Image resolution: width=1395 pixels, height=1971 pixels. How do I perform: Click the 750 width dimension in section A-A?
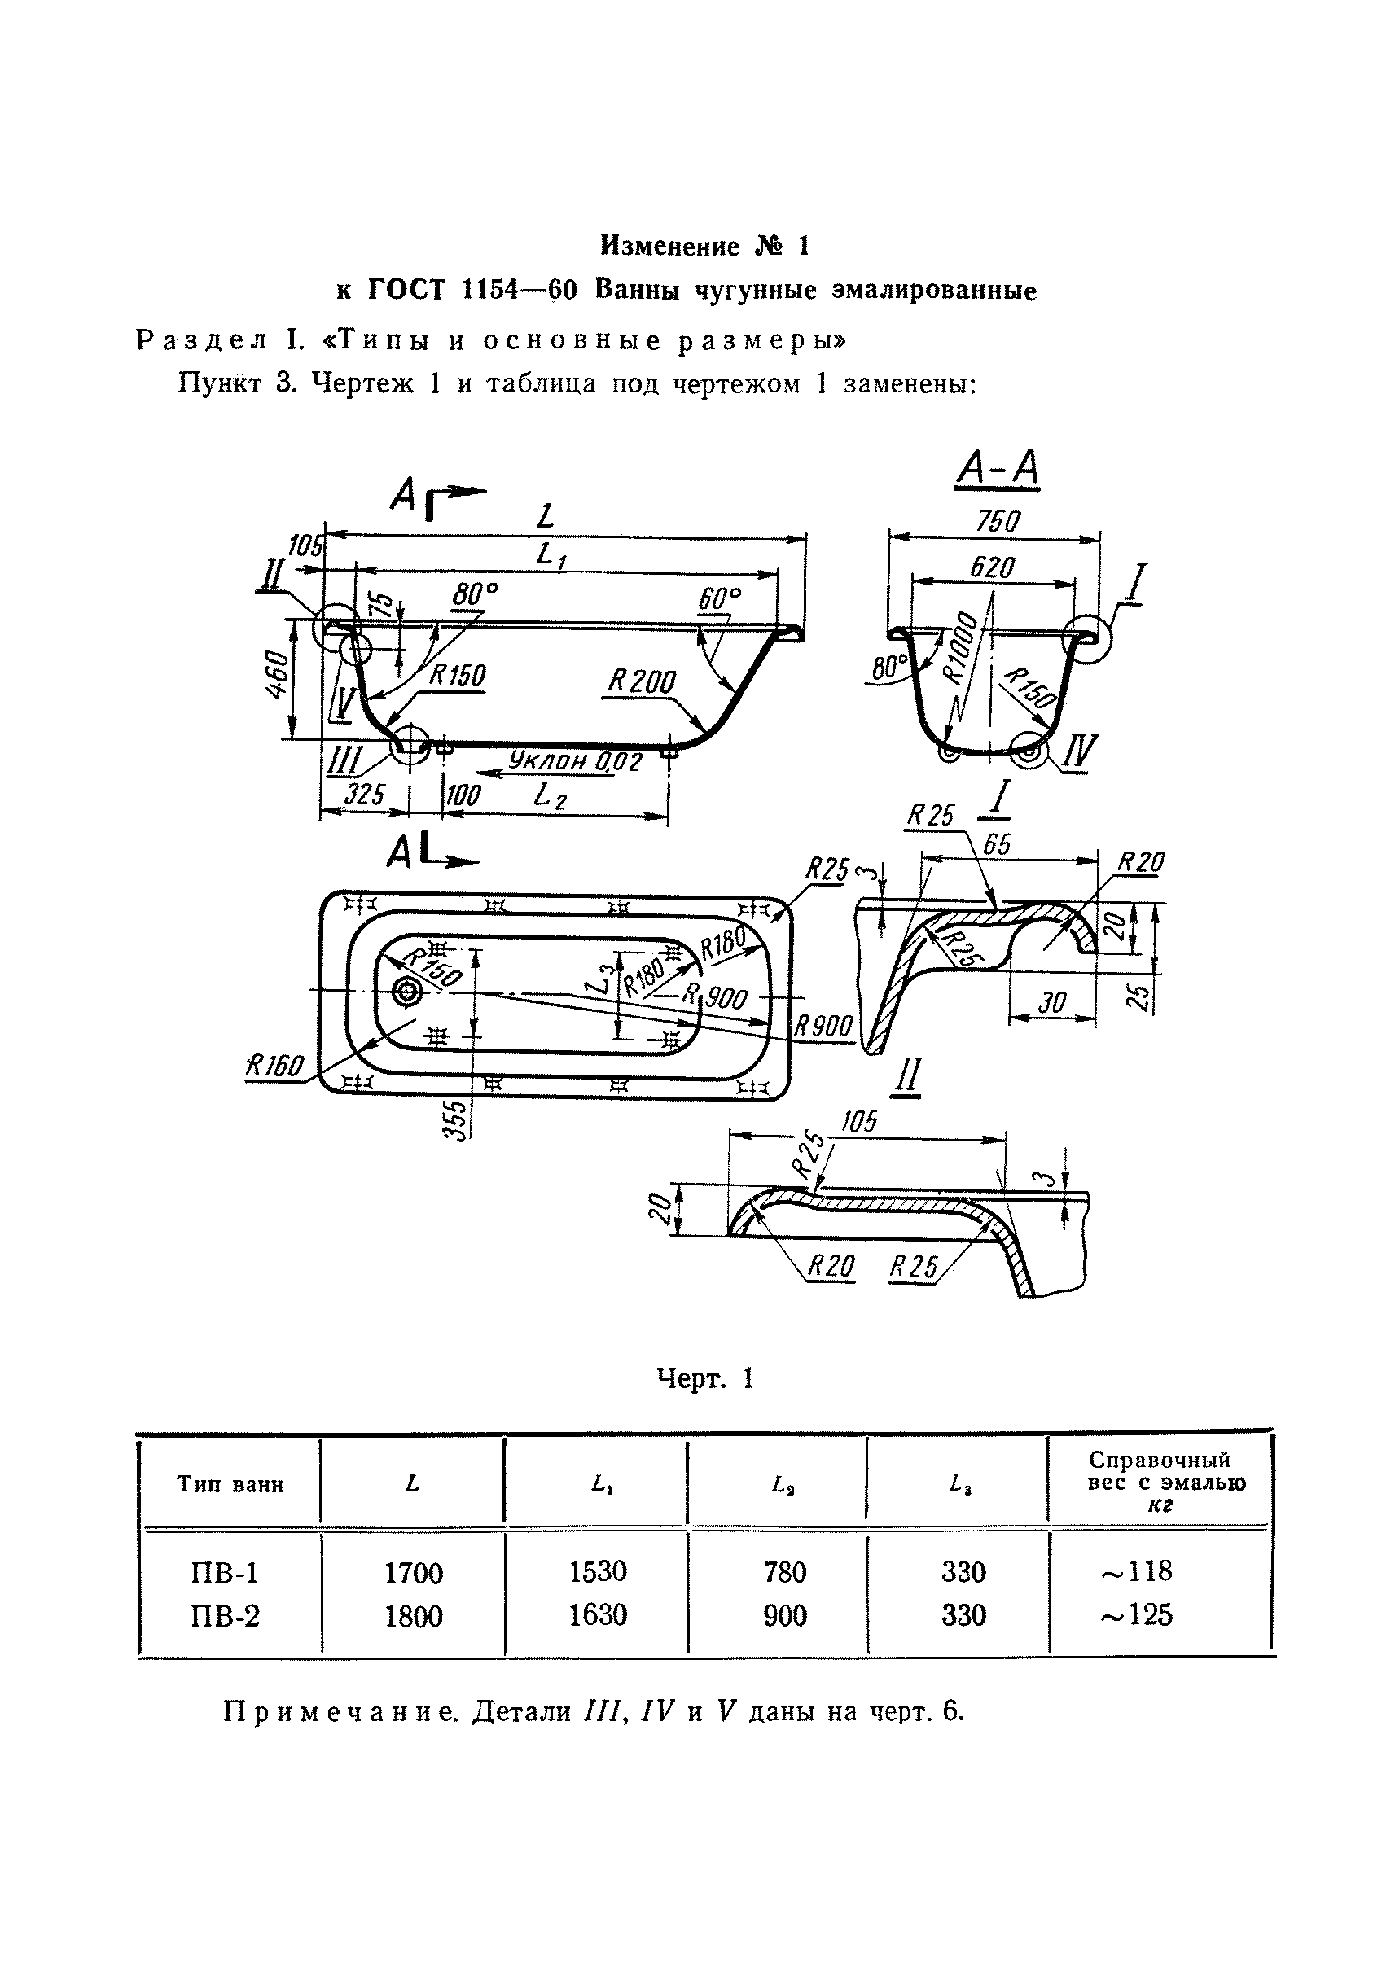(998, 521)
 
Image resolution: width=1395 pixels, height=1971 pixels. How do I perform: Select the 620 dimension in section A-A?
(992, 567)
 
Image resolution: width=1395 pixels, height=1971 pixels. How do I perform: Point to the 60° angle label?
(719, 598)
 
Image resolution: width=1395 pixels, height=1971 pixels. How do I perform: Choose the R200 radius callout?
(641, 682)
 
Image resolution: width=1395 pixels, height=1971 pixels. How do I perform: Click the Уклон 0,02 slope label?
(575, 761)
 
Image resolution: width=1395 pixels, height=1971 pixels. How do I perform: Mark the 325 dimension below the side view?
(364, 795)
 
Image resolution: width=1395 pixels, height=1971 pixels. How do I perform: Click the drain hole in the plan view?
(406, 992)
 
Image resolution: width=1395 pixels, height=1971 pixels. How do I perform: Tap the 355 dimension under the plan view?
(458, 1120)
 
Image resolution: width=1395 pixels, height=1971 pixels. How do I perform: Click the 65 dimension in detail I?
(998, 845)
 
